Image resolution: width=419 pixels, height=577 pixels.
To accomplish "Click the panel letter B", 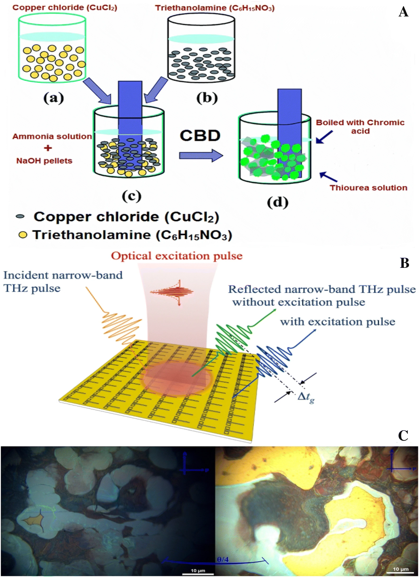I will pyautogui.click(x=404, y=263).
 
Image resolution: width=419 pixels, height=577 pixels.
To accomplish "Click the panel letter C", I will pyautogui.click(x=404, y=436).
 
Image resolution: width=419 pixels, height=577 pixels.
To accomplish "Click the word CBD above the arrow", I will pyautogui.click(x=200, y=136).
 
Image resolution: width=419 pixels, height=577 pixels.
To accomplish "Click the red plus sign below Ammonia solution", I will pyautogui.click(x=48, y=148).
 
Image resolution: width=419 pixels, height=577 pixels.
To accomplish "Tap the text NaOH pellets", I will pyautogui.click(x=44, y=161).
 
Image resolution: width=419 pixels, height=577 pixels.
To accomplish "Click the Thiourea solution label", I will pyautogui.click(x=368, y=188).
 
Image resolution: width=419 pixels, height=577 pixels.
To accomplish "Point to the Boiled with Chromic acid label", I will pyautogui.click(x=360, y=126).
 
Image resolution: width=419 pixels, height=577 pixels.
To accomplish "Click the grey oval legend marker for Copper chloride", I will pyautogui.click(x=20, y=217).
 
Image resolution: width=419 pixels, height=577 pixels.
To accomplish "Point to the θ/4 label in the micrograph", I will pyautogui.click(x=223, y=559).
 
